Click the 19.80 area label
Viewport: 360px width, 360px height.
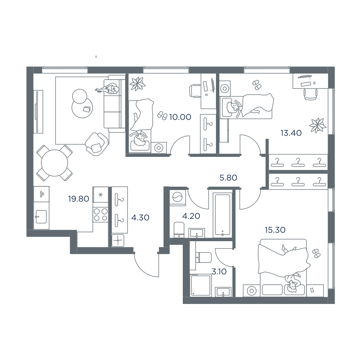(x=78, y=199)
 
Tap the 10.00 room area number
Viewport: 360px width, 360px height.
(x=180, y=117)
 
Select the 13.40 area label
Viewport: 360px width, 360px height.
(x=291, y=133)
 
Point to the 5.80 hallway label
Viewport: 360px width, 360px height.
(x=228, y=178)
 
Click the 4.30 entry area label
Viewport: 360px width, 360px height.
(x=140, y=218)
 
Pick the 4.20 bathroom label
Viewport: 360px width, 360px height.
(x=191, y=216)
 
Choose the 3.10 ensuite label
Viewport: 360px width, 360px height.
(x=219, y=272)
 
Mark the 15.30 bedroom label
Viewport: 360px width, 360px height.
(x=275, y=230)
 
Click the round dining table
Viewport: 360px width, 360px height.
(x=55, y=163)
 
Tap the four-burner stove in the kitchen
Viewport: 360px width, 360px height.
(x=100, y=214)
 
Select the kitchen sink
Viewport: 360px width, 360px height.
(x=41, y=216)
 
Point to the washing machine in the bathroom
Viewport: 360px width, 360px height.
(x=178, y=197)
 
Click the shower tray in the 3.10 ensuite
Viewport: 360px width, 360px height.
(x=200, y=285)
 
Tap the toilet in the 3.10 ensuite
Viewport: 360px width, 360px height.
(x=204, y=257)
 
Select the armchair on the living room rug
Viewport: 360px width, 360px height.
(x=96, y=144)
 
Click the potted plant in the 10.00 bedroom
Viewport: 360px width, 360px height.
(x=138, y=84)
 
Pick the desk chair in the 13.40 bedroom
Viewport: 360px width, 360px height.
(x=311, y=94)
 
